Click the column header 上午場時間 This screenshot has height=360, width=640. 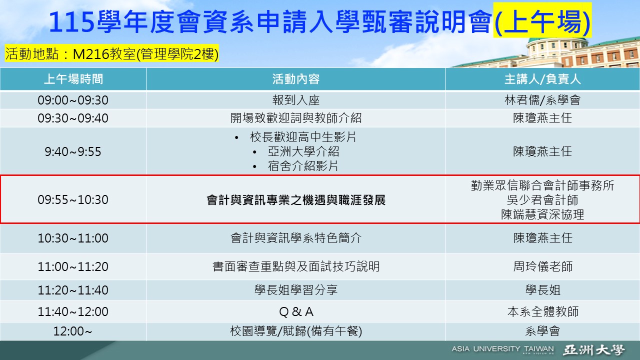[x=73, y=79]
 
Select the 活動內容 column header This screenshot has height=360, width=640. [x=295, y=79]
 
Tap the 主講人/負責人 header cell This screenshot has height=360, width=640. [x=542, y=79]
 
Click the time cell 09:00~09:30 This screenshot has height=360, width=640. [x=73, y=100]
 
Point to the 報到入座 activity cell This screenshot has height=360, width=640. [x=295, y=100]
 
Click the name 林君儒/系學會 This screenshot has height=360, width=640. [x=542, y=100]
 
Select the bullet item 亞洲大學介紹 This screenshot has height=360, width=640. [x=303, y=151]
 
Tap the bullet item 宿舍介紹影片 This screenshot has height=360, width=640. [x=303, y=166]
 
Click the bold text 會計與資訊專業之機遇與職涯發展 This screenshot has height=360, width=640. [x=295, y=200]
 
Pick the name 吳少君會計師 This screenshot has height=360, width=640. [x=542, y=200]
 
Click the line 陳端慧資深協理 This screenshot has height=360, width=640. [x=542, y=214]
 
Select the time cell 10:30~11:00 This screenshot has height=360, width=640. [x=73, y=238]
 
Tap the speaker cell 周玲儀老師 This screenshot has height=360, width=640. [x=542, y=266]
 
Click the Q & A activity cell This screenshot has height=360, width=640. [x=295, y=312]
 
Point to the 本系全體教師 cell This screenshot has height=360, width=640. [x=542, y=312]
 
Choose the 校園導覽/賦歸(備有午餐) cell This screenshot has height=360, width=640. [x=295, y=331]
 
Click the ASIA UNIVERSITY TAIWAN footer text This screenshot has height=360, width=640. [x=502, y=349]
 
